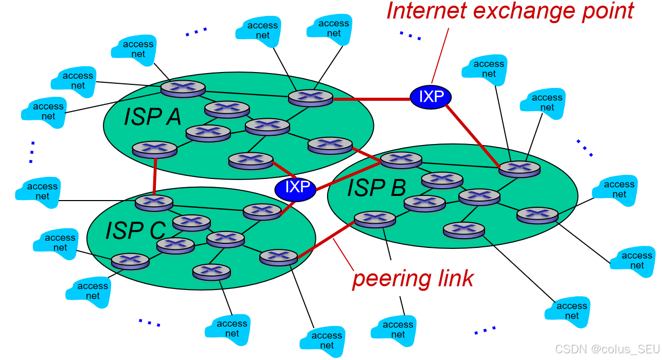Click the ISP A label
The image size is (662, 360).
coord(152,117)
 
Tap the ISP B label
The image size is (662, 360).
coord(377,188)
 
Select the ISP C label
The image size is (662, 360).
coord(135,230)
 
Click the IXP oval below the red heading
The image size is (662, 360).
coord(431,96)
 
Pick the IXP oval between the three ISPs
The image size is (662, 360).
coord(295,188)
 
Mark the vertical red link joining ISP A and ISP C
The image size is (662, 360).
coord(154,175)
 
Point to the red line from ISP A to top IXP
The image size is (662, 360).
coord(371,98)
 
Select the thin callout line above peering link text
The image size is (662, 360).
coord(343,256)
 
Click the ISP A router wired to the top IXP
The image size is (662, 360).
coord(311,97)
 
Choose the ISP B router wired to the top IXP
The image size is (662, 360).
coord(520,168)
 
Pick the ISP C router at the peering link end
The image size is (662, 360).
coord(279,256)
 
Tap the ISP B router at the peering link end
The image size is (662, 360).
coord(375,219)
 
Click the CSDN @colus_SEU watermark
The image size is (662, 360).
coord(607,349)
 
